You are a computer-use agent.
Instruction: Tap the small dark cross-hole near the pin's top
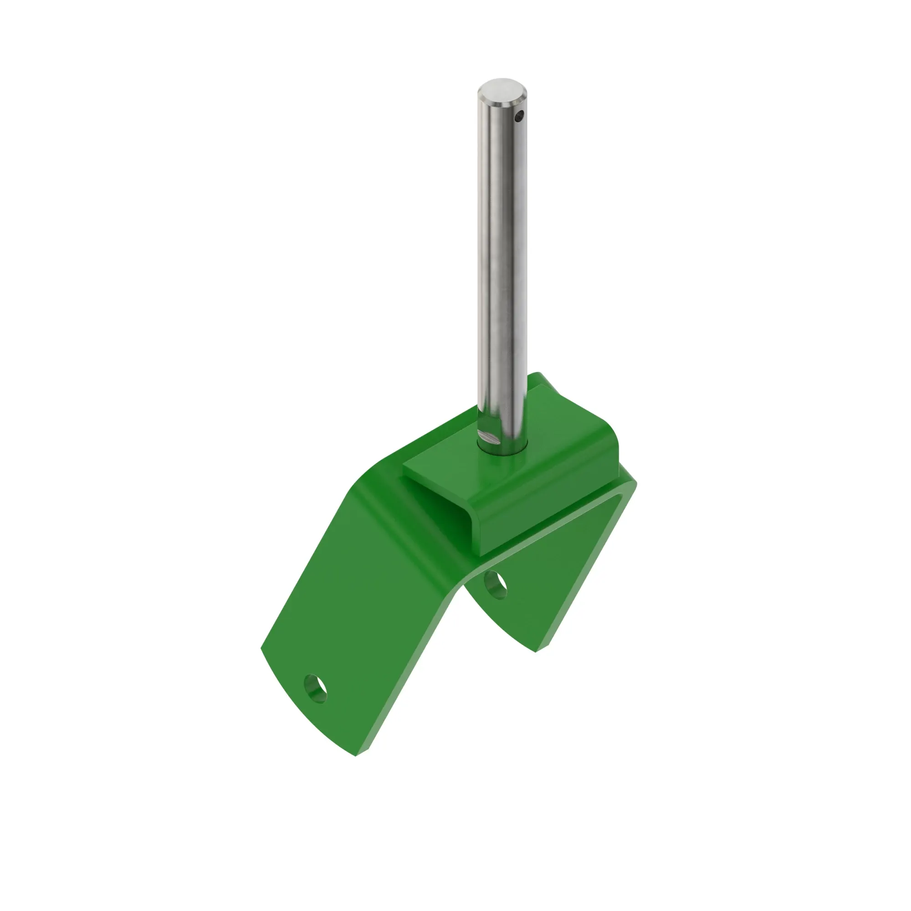519,115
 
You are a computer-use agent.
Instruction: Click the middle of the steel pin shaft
501,264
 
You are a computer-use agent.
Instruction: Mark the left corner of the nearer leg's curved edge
262,649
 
